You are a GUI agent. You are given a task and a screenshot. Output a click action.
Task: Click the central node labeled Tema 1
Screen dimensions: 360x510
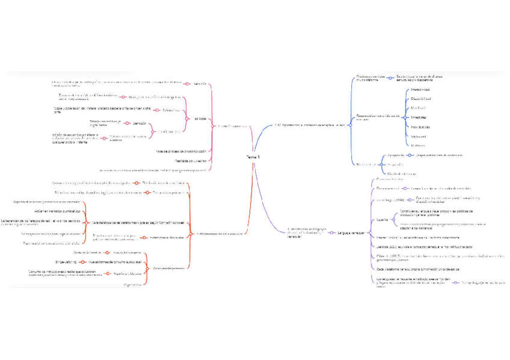coord(253,157)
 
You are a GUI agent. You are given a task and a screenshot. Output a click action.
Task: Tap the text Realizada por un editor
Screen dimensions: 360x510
coord(191,160)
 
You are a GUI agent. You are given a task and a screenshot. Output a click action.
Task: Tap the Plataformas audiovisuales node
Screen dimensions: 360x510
coord(167,237)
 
